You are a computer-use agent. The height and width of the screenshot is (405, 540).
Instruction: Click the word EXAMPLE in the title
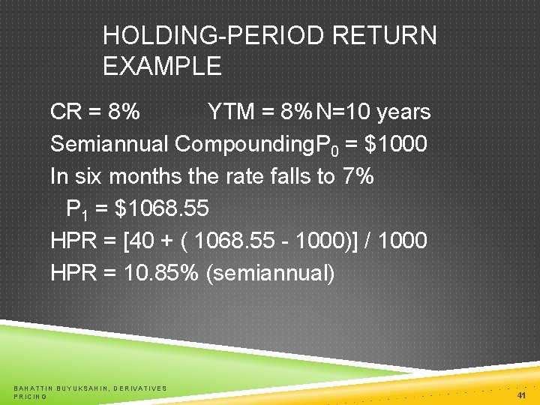pyautogui.click(x=162, y=67)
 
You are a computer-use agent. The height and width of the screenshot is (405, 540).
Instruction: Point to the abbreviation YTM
pyautogui.click(x=230, y=112)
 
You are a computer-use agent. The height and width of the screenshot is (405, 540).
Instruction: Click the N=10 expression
pyautogui.click(x=343, y=112)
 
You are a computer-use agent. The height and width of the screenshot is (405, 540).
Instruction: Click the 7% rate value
pyautogui.click(x=356, y=176)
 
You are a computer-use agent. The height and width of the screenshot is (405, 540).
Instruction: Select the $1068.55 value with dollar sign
pyautogui.click(x=161, y=208)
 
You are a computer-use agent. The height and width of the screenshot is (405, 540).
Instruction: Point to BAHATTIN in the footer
pyautogui.click(x=34, y=388)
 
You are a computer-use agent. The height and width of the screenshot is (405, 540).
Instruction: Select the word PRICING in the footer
pyautogui.click(x=31, y=396)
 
